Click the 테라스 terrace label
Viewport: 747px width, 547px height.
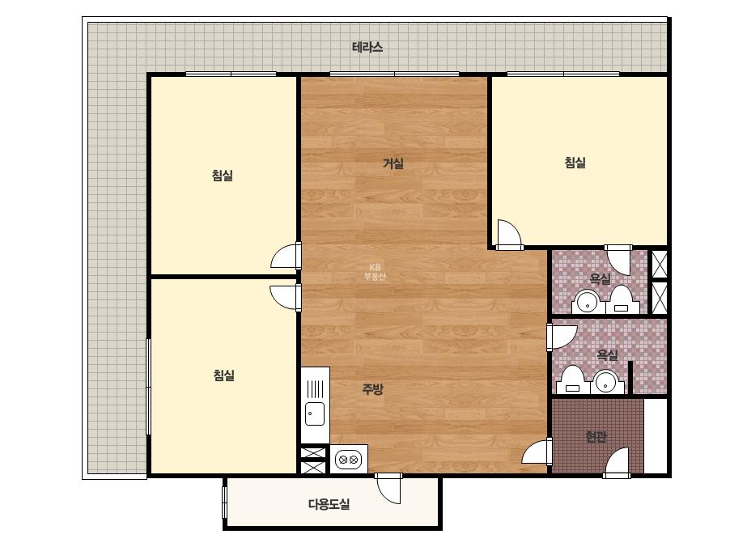tap(367, 48)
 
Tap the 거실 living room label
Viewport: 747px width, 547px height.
tap(393, 164)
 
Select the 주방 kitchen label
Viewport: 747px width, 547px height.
tap(372, 390)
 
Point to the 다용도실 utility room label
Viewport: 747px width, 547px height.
tap(329, 503)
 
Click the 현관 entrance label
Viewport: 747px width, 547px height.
tap(596, 436)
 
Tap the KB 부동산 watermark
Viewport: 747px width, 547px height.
tap(375, 272)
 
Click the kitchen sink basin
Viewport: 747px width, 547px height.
tap(315, 413)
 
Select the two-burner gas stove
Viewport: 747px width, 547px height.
tap(349, 460)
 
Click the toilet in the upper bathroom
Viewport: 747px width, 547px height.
tap(622, 299)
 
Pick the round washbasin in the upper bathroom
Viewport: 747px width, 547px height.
tap(588, 302)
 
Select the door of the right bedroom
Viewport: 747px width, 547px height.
tap(509, 235)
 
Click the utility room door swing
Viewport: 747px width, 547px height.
tap(388, 489)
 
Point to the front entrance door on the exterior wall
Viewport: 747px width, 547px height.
tap(617, 462)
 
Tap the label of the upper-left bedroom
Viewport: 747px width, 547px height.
tap(223, 176)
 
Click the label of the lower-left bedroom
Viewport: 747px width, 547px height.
tap(224, 375)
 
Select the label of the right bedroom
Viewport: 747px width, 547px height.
tap(575, 163)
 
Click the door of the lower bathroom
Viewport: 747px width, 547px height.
tap(562, 337)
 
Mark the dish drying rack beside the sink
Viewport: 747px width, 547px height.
tap(315, 389)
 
